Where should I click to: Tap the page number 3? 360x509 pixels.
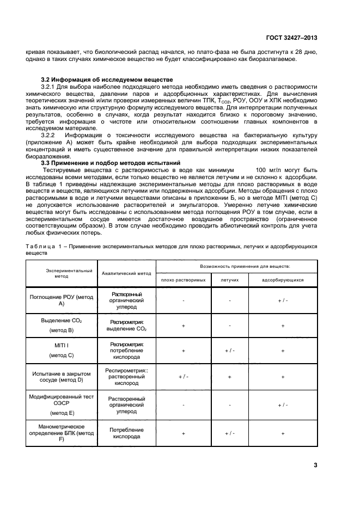pyautogui.click(x=315, y=464)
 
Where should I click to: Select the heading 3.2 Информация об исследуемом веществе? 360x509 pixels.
pyautogui.click(x=107, y=79)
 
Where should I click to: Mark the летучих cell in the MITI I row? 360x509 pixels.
pyautogui.click(x=229, y=351)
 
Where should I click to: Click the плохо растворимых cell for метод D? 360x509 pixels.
pyautogui.click(x=183, y=376)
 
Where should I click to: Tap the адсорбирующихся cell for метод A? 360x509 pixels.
pyautogui.click(x=283, y=300)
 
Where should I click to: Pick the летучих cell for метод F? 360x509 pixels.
pyautogui.click(x=229, y=433)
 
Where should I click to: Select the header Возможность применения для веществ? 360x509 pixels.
pyautogui.click(x=237, y=266)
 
